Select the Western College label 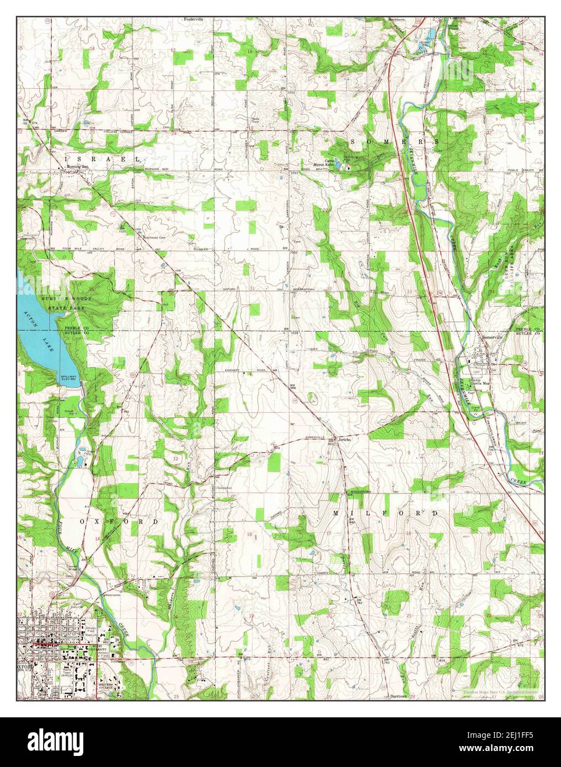click(109, 686)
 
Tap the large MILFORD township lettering click(386, 513)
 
